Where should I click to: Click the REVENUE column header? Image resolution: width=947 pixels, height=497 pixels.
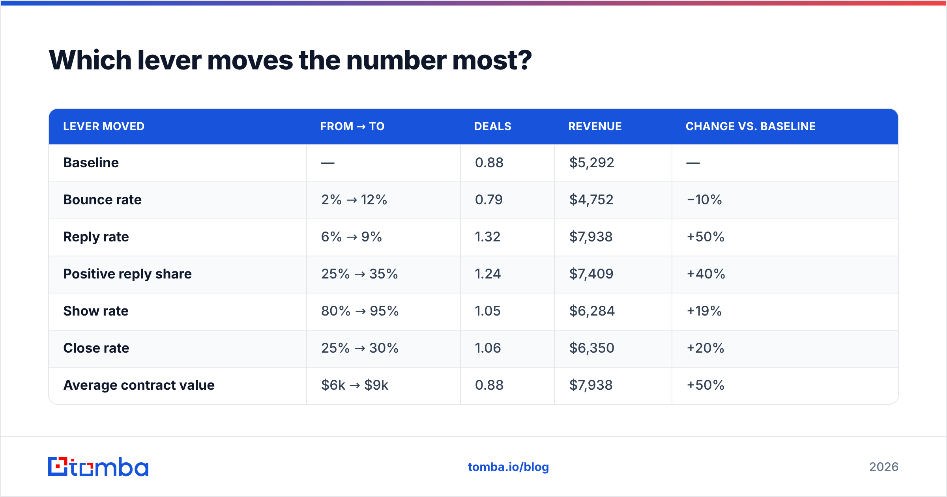(x=595, y=126)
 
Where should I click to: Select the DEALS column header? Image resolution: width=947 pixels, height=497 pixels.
(x=492, y=126)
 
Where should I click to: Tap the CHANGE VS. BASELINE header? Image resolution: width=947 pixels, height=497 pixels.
(x=750, y=126)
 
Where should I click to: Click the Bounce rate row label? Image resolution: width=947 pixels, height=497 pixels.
(x=102, y=200)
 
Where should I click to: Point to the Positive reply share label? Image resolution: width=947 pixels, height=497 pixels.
(x=127, y=274)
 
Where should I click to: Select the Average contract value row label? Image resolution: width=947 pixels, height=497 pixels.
(x=139, y=385)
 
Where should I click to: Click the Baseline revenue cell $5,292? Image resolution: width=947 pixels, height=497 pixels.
(x=591, y=163)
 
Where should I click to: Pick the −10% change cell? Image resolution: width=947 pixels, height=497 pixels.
(x=704, y=200)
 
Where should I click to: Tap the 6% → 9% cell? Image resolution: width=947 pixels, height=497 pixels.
(x=351, y=237)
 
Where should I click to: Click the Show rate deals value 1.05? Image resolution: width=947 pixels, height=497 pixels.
(x=488, y=311)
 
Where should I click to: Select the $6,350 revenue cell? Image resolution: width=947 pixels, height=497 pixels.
(x=591, y=348)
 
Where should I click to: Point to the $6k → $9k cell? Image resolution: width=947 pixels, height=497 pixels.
(x=355, y=385)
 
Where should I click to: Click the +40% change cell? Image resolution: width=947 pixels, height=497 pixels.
(x=706, y=274)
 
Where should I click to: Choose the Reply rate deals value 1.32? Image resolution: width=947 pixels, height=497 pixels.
(x=488, y=237)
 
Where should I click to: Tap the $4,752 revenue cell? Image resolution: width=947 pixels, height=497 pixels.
(x=591, y=200)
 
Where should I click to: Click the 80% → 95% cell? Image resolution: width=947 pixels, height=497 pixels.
(x=360, y=311)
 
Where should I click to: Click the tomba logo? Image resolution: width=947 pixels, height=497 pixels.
(x=98, y=467)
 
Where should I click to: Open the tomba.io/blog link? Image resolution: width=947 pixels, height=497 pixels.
(x=508, y=467)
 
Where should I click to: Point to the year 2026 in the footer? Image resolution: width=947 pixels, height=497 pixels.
(x=884, y=467)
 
